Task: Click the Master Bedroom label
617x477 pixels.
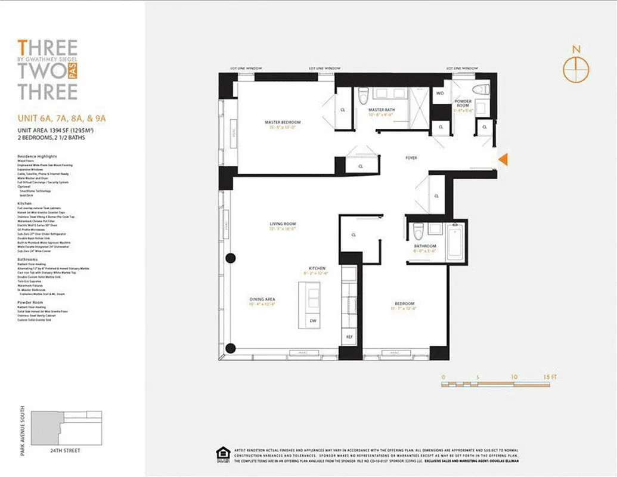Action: pos(283,122)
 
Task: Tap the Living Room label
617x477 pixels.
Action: pos(283,224)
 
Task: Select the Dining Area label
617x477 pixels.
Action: pos(262,299)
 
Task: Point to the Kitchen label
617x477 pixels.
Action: pos(317,269)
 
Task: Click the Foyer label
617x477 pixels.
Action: pos(411,158)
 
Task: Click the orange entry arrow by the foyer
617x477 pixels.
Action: pos(503,159)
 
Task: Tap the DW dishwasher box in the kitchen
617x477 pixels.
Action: pos(314,321)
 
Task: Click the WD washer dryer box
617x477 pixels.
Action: pos(441,93)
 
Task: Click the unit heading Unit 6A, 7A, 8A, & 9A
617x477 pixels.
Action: pos(59,119)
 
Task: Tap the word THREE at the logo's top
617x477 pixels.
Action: pos(48,47)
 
